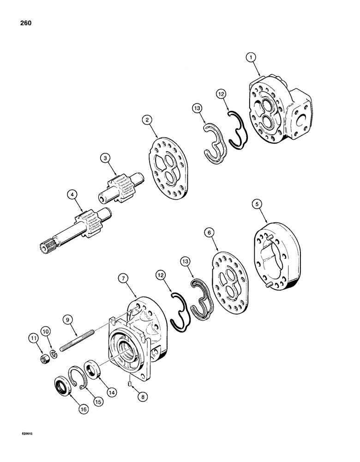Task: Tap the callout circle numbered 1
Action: tap(251, 58)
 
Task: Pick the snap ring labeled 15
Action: tap(77, 372)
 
